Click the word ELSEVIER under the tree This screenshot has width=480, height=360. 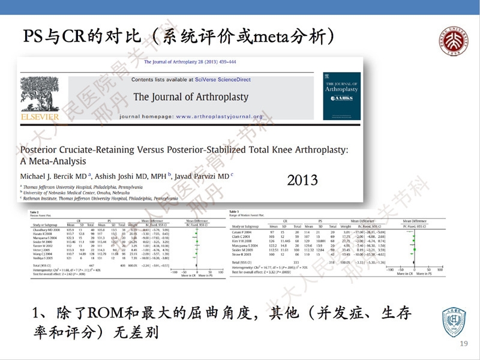pyautogui.click(x=40, y=116)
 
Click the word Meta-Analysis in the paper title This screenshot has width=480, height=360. pyautogui.click(x=53, y=161)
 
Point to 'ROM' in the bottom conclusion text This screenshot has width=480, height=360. pyautogui.click(x=105, y=313)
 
